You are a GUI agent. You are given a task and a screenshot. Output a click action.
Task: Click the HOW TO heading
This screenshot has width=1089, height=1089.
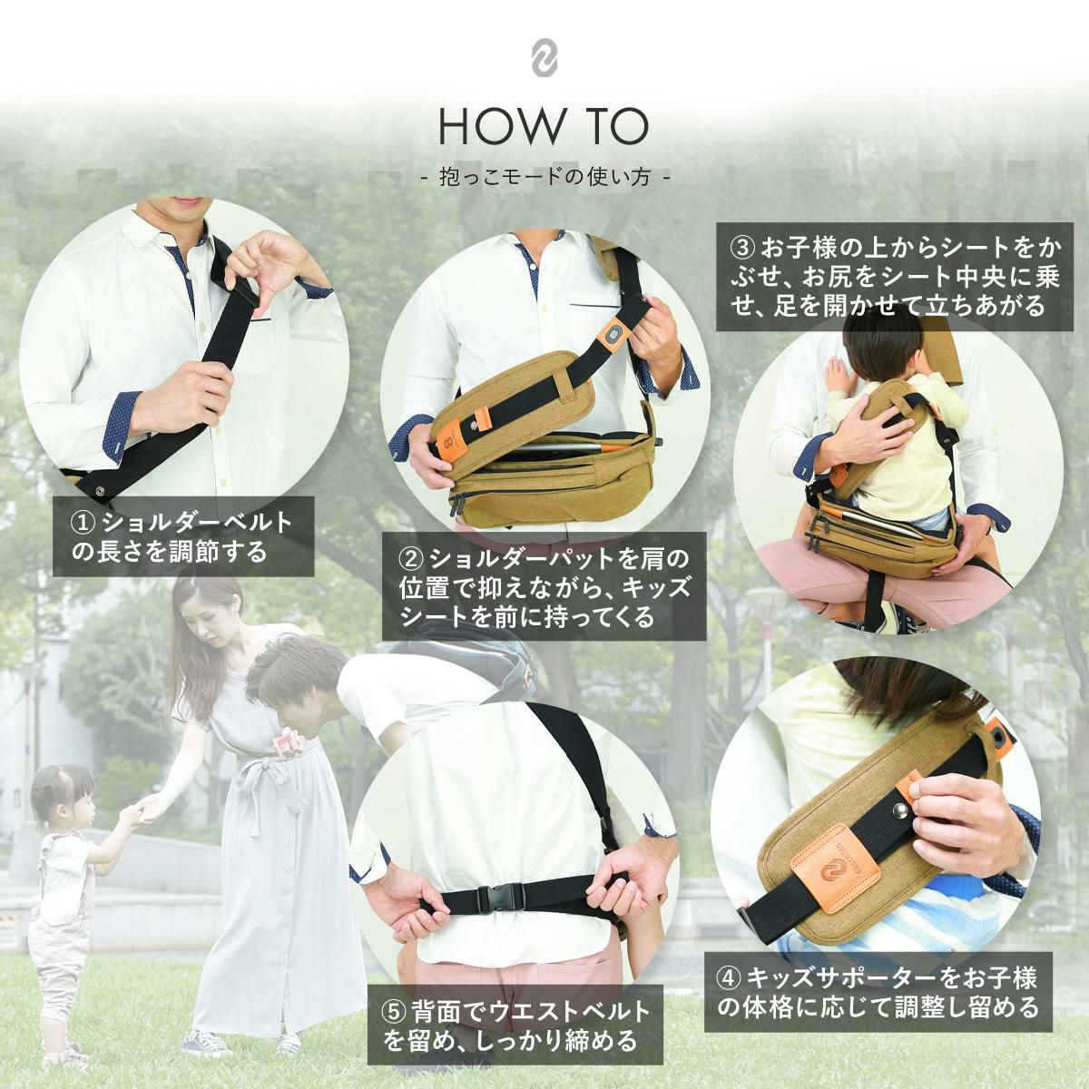point(544,128)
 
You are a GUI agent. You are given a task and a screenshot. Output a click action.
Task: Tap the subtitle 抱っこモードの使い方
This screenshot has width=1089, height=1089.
point(544,179)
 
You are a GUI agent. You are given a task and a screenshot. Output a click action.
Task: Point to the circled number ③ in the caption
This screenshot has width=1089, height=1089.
point(741,247)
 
